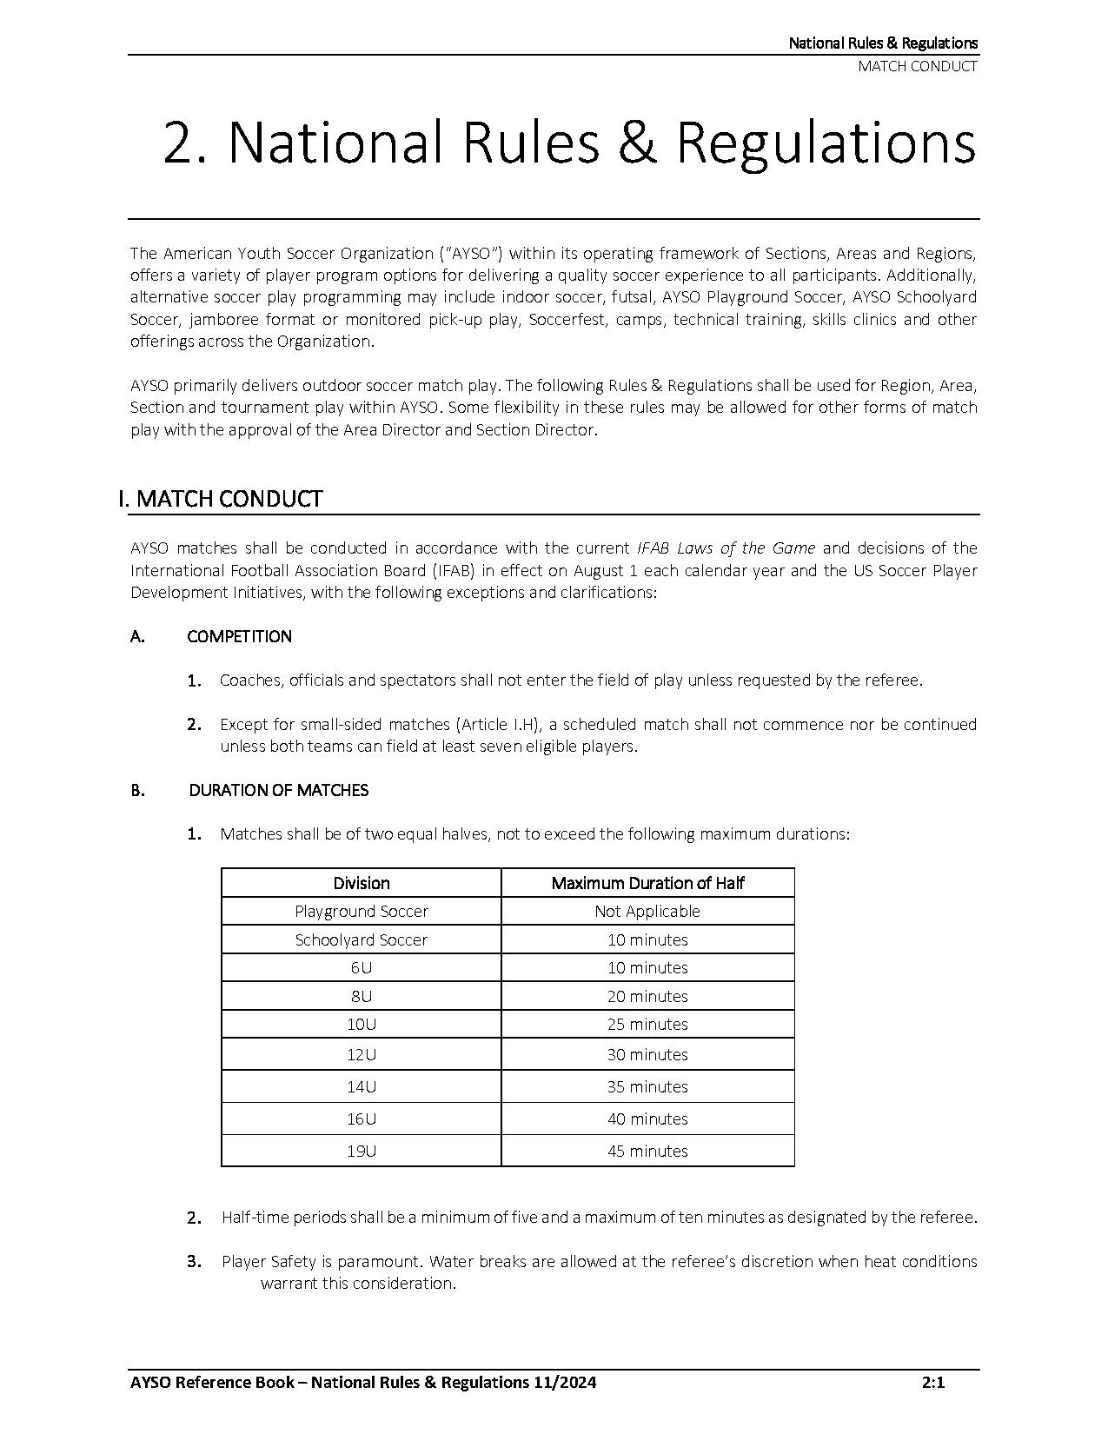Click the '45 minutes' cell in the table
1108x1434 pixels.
(x=647, y=1151)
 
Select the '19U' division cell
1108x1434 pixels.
(x=362, y=1151)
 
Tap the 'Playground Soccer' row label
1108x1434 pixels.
(x=362, y=911)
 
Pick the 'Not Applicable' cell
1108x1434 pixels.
(x=647, y=911)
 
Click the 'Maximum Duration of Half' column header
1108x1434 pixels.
(x=647, y=883)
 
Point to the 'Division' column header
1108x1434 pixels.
(x=362, y=883)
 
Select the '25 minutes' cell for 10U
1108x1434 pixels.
(x=647, y=1024)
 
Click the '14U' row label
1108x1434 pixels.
(x=362, y=1086)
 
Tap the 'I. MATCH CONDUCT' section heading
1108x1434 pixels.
(x=221, y=499)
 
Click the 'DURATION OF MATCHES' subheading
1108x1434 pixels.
(x=279, y=790)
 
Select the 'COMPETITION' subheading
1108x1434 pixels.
(x=240, y=636)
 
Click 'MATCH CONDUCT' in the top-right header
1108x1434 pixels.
(x=918, y=66)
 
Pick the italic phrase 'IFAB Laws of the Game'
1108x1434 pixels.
(x=726, y=548)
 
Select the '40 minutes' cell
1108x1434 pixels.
(x=647, y=1119)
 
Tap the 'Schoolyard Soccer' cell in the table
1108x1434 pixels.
(x=362, y=939)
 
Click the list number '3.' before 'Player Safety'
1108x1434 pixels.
(x=195, y=1262)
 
